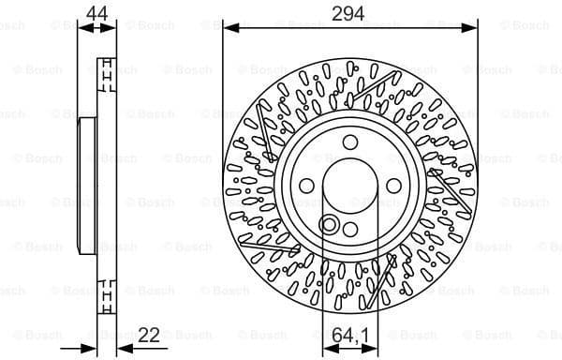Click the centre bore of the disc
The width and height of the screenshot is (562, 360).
349,184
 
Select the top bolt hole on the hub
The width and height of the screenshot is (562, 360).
349,142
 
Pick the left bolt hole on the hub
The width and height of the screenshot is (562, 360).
308,184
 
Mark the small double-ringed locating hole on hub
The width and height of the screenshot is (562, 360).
328,223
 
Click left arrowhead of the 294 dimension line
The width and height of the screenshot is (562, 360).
229,29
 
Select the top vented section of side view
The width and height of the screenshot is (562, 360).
106,69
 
